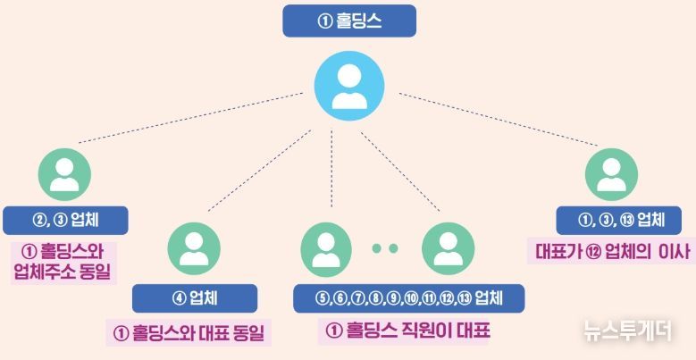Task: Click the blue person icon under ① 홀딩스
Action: [x=349, y=86]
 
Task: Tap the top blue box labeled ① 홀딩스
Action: [x=349, y=21]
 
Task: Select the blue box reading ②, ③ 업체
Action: [x=65, y=220]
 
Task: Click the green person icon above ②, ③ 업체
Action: [x=65, y=174]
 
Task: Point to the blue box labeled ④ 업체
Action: [x=195, y=298]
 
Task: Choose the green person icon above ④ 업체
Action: [x=194, y=248]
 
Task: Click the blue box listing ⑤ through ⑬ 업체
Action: [x=409, y=298]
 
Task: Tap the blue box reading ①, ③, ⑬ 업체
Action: [x=619, y=220]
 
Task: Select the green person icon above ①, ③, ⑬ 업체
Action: [x=612, y=174]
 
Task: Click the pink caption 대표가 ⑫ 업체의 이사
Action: [x=613, y=252]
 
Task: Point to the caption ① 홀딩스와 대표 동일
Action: [x=189, y=333]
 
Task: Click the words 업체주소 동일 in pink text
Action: [x=63, y=272]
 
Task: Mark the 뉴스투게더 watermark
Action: [x=627, y=331]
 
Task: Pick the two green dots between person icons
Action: [x=385, y=248]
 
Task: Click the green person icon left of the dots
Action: [x=326, y=248]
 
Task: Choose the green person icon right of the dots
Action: [x=448, y=248]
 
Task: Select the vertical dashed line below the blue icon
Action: [x=331, y=169]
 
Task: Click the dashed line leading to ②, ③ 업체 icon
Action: [x=191, y=118]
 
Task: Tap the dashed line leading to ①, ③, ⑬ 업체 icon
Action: [x=499, y=119]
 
